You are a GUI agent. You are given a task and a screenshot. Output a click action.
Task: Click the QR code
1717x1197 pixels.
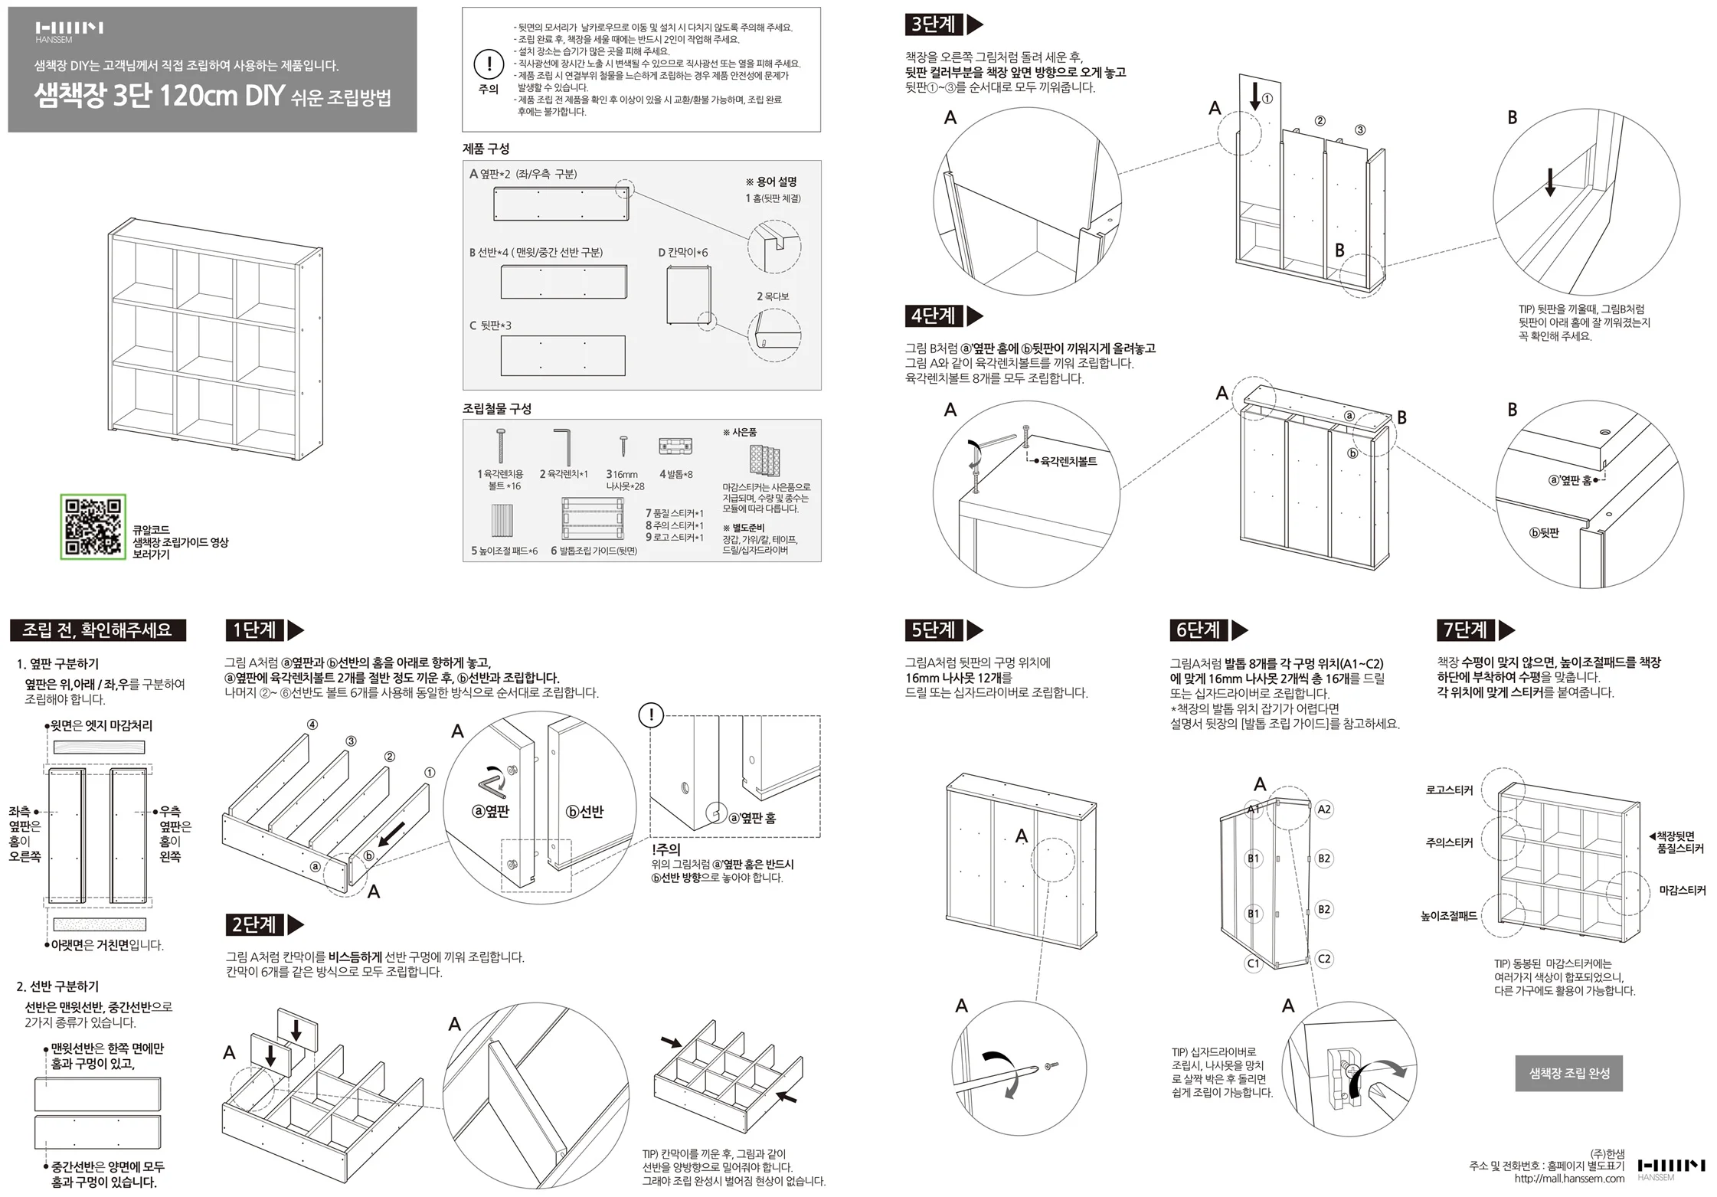pos(93,526)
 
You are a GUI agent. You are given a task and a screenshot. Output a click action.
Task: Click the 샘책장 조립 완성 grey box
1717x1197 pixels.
pos(1568,1073)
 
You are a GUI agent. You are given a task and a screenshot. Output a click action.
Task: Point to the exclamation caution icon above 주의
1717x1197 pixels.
pos(489,64)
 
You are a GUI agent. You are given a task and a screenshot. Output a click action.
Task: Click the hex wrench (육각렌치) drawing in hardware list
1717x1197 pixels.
pos(564,446)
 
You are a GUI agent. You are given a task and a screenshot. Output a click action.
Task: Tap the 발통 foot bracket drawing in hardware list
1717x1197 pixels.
pos(675,446)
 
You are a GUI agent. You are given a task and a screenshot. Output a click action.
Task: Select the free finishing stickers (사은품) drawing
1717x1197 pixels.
pos(764,460)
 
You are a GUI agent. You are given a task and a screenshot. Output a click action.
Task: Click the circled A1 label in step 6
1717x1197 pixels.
pos(1254,809)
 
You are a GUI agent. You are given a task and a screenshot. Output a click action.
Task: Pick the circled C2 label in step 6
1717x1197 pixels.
pos(1324,959)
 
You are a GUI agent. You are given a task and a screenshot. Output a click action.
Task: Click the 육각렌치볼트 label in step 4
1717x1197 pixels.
pos(1068,461)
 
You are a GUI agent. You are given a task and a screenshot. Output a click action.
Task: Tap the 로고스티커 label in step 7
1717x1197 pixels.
pos(1449,790)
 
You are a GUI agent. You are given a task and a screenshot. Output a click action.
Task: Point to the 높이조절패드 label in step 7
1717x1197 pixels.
pos(1449,916)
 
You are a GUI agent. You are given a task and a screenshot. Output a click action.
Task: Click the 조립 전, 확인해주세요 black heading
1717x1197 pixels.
pos(97,630)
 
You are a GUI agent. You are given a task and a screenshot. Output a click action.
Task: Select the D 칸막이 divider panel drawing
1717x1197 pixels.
pos(689,295)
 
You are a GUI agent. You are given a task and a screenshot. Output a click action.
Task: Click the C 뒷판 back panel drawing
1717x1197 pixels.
pos(563,355)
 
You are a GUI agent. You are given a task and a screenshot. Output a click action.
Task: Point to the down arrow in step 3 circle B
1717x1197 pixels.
pos(1550,182)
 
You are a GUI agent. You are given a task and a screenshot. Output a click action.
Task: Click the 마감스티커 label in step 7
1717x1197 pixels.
pos(1683,891)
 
